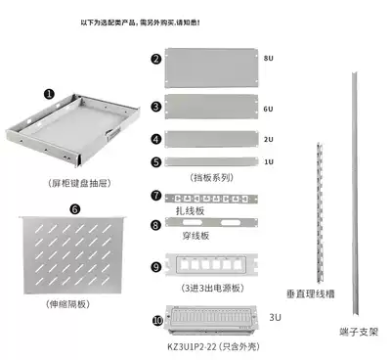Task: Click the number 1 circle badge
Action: click(49, 94)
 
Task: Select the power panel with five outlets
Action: click(209, 267)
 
